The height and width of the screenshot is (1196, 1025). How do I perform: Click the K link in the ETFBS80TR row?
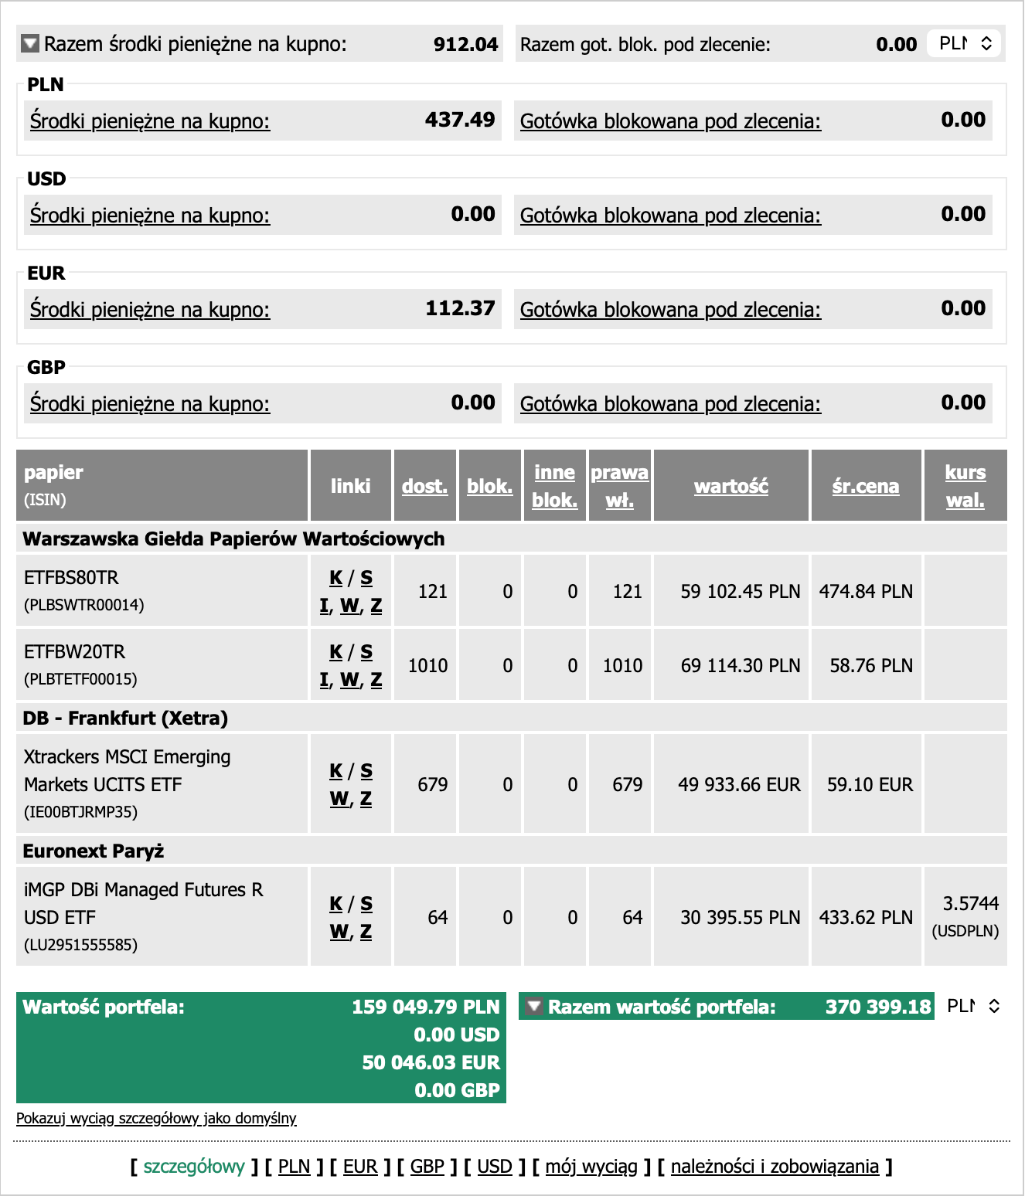tap(335, 578)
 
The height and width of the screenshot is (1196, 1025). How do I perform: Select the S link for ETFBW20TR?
tap(366, 652)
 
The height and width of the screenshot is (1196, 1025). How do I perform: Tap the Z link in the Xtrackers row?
tap(366, 799)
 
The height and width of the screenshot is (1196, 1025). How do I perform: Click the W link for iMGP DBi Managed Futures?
tap(339, 932)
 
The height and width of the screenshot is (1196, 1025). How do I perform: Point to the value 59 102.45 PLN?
tap(740, 592)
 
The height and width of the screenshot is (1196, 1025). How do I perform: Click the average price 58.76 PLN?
tap(871, 666)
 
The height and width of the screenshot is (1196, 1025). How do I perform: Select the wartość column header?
tap(730, 486)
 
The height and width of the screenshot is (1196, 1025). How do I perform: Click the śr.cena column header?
tap(865, 486)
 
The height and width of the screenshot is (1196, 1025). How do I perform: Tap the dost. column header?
tap(424, 486)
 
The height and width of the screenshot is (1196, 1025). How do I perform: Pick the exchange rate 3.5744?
tap(970, 904)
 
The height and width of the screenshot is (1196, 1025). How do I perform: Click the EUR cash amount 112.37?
tap(460, 308)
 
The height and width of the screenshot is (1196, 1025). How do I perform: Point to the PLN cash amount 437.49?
tap(460, 120)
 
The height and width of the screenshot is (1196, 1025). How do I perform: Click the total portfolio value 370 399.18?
tap(878, 1007)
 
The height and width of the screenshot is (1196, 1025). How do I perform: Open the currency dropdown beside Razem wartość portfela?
tap(973, 1006)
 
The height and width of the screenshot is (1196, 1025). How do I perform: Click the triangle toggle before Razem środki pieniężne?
tap(30, 43)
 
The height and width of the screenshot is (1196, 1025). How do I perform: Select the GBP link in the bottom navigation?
tap(427, 1167)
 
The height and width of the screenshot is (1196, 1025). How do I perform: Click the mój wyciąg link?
tap(591, 1167)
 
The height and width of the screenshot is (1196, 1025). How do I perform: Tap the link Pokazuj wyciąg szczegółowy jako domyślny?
tap(156, 1118)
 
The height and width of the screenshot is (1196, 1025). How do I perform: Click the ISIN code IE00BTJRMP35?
tap(80, 812)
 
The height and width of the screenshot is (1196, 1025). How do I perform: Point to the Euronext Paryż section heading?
tap(94, 851)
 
